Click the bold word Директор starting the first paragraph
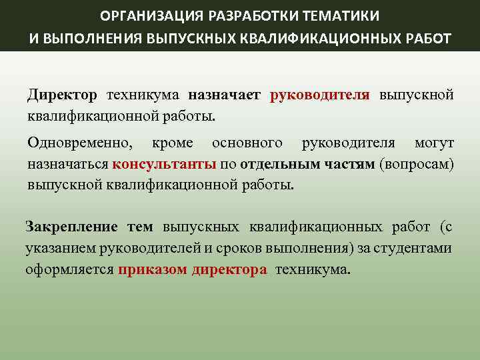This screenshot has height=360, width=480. [62, 96]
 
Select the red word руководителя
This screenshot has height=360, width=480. [320, 96]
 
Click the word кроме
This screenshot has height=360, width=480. [172, 143]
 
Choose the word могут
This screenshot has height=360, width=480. [434, 143]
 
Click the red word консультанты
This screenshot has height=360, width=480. [164, 164]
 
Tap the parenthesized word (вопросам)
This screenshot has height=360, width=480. [416, 164]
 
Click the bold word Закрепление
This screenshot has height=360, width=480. [71, 227]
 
